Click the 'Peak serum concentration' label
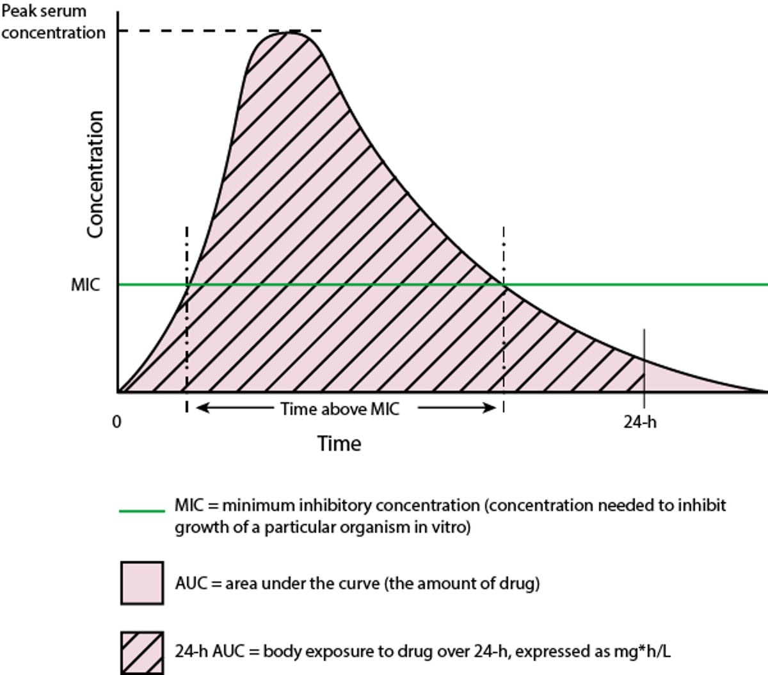pos(52,22)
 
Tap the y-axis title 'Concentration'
pos(95,174)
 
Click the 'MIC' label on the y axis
pos(85,285)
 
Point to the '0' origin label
pos(116,422)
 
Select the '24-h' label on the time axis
pos(640,422)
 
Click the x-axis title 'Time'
pos(339,444)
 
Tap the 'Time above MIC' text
pos(339,409)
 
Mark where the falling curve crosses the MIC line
pos(504,284)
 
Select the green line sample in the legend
pos(141,511)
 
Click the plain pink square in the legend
pos(141,583)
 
